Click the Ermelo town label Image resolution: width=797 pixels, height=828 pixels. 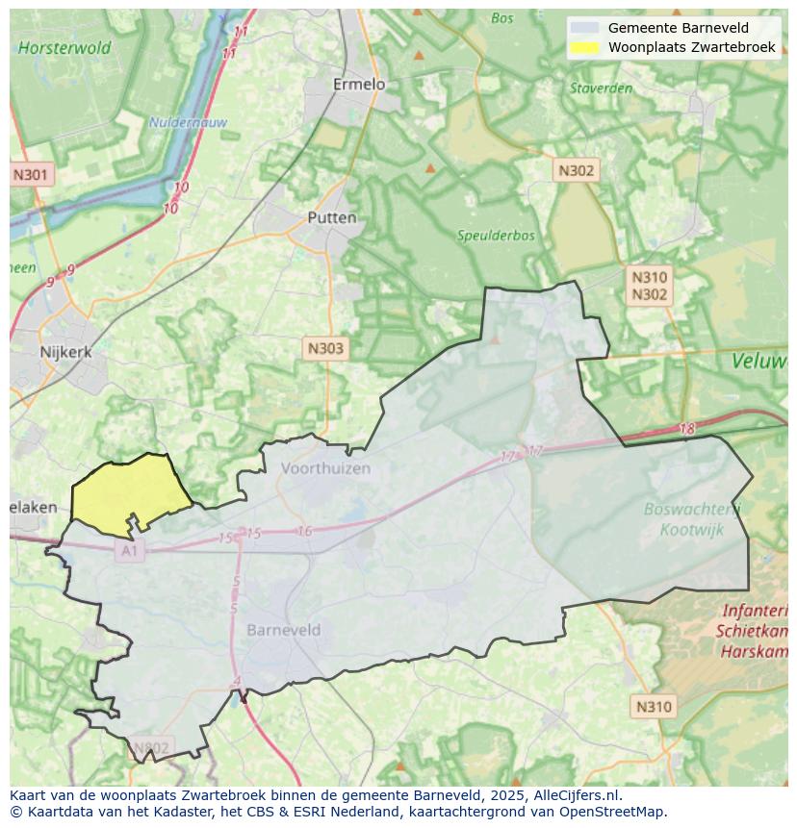click(x=358, y=85)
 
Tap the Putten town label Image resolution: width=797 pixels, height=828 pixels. click(x=331, y=218)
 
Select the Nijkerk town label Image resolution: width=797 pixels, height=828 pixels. click(x=65, y=352)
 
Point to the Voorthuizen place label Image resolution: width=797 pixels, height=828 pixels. click(x=325, y=468)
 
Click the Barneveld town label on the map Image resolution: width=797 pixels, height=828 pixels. click(x=283, y=630)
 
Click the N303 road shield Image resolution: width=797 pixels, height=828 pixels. click(x=324, y=348)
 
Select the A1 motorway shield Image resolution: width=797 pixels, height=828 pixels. click(x=129, y=551)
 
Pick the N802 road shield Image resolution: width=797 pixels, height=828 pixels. click(x=150, y=747)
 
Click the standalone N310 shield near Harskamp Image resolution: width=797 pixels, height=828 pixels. click(x=654, y=707)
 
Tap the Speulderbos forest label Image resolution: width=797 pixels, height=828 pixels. click(x=490, y=235)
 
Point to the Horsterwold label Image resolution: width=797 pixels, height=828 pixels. click(x=64, y=47)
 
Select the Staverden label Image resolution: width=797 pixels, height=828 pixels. click(x=601, y=88)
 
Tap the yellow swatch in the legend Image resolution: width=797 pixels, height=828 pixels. click(x=583, y=47)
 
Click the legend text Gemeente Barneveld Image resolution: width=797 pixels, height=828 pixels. click(x=678, y=28)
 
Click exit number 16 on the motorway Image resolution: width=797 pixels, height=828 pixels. click(x=304, y=531)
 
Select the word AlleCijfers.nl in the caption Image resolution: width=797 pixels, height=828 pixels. click(x=574, y=795)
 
